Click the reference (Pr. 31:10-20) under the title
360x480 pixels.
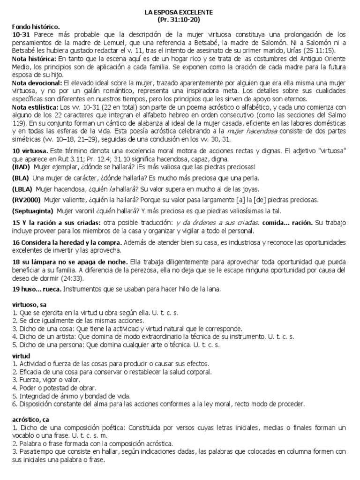click(179, 21)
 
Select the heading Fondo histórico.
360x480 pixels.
click(35, 28)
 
